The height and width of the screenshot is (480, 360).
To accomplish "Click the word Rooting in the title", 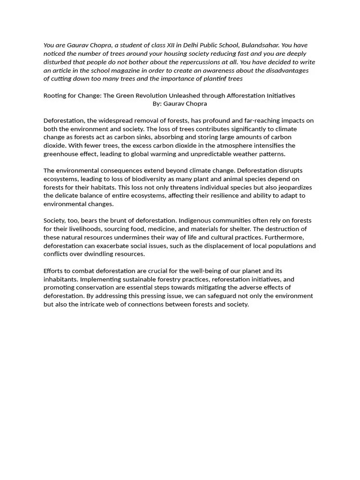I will pyautogui.click(x=55, y=96).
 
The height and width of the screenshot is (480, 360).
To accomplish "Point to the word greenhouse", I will pyautogui.click(x=62, y=154).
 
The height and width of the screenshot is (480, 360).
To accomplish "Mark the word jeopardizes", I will pyautogui.click(x=294, y=187).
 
